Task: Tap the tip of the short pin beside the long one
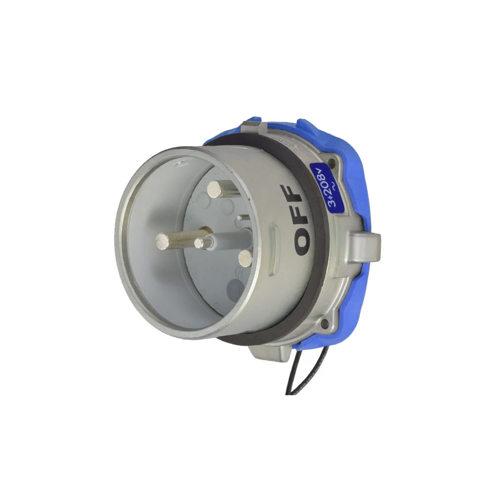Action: [x=199, y=243]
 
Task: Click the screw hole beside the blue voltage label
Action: [x=331, y=162]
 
